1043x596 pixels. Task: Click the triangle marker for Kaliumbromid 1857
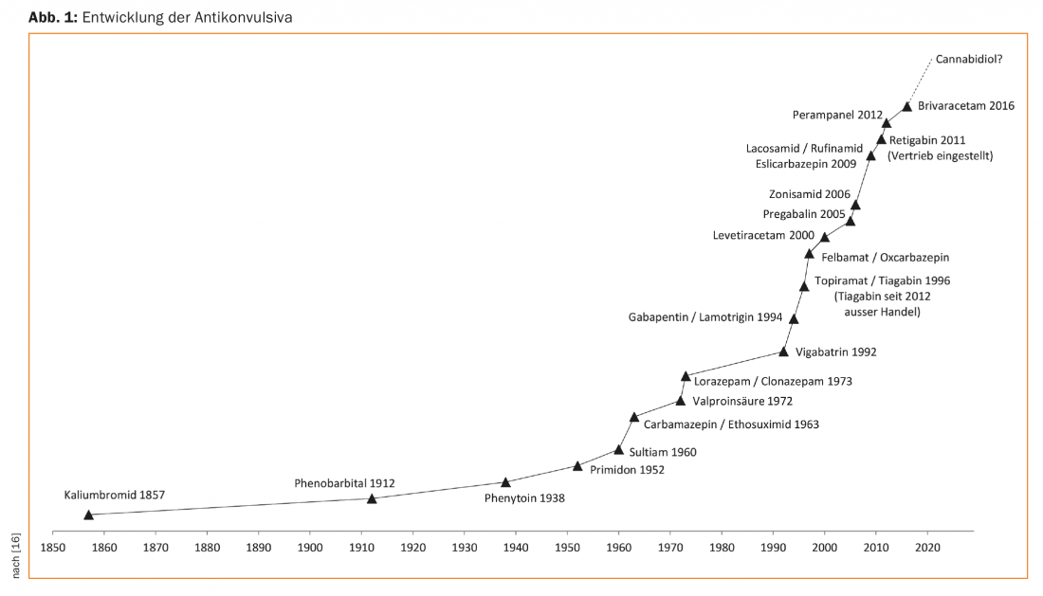tap(88, 515)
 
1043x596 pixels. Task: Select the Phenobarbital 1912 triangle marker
tap(372, 498)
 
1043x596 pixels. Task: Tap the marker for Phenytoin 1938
tap(505, 482)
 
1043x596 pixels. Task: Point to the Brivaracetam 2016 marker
tap(907, 107)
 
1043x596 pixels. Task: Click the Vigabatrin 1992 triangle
tap(783, 352)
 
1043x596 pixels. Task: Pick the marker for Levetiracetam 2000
tap(825, 237)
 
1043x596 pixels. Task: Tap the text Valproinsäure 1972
tap(742, 401)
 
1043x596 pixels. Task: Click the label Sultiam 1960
tap(663, 452)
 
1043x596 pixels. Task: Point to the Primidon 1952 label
tap(627, 468)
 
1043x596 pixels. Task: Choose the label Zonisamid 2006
tap(810, 194)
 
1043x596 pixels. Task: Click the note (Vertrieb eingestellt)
tap(940, 155)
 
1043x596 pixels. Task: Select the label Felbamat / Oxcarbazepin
tap(885, 257)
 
